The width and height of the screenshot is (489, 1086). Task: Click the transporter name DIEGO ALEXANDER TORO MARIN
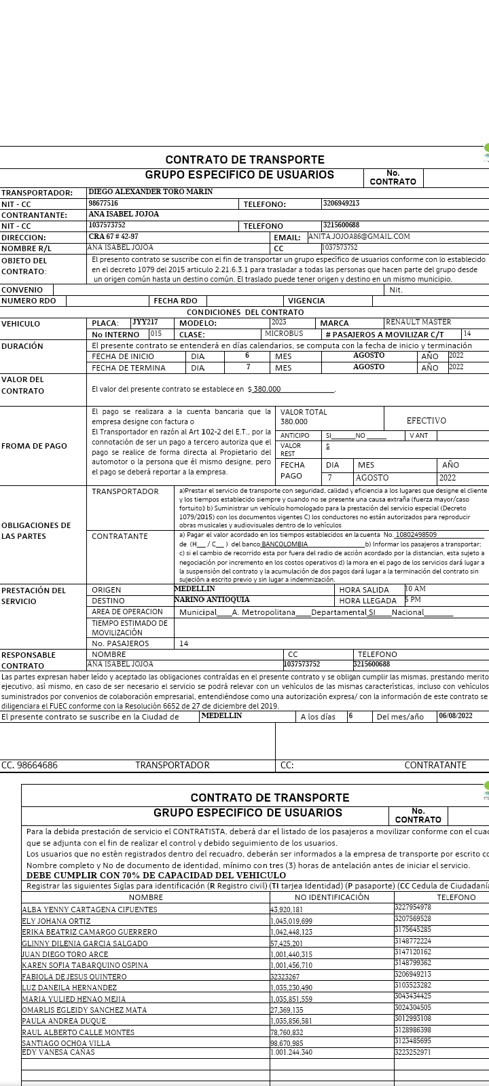coord(150,192)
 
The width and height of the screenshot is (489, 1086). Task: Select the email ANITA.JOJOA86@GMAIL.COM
coord(359,237)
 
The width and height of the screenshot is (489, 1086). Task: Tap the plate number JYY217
coord(145,322)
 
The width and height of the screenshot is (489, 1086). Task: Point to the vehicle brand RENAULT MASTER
coord(418,322)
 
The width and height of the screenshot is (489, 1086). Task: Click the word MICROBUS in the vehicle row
coord(284,334)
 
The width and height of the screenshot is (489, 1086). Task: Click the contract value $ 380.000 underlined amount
coord(264,390)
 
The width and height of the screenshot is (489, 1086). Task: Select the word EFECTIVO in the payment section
coord(426,421)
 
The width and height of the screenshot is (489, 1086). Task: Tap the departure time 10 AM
coord(415,589)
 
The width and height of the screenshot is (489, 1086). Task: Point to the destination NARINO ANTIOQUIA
coord(211,600)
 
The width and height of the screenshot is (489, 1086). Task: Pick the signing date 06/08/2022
coord(455,716)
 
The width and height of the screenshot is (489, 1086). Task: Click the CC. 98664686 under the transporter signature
coord(29,765)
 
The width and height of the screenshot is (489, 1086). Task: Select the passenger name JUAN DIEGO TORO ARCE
coord(65,954)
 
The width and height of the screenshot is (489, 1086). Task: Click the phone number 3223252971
coord(412,1052)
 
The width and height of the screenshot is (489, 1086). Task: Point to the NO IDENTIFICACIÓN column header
coord(332,897)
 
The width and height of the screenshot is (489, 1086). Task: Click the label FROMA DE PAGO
coord(33,446)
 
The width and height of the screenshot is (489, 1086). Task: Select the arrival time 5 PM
coord(412,600)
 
